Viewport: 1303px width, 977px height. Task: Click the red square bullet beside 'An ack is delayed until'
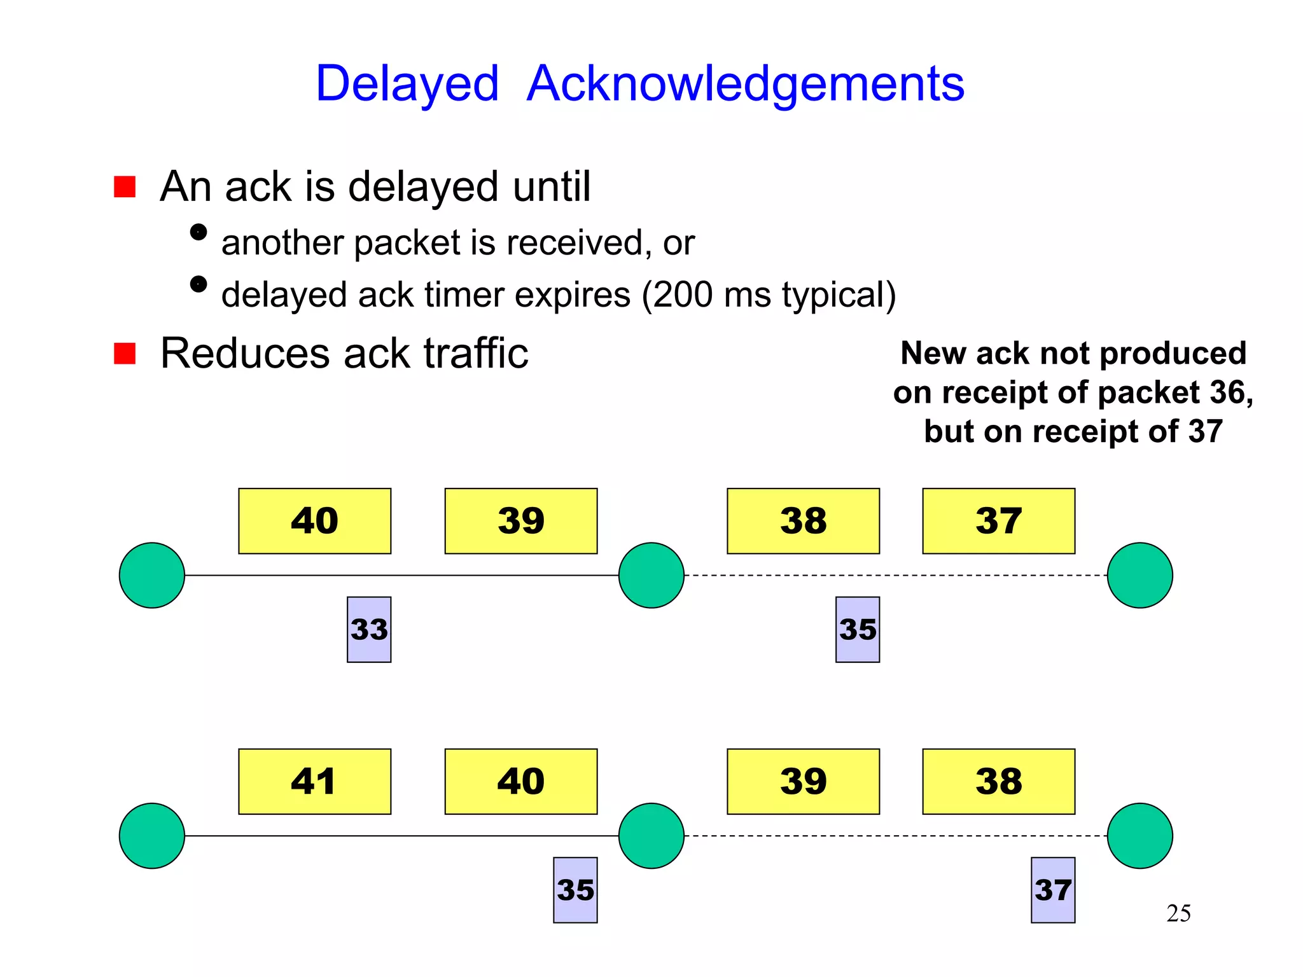click(125, 187)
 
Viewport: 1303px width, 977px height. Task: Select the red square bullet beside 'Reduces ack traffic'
click(125, 354)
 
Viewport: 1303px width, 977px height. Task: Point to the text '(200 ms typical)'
click(769, 295)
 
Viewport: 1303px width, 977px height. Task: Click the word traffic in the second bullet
click(476, 354)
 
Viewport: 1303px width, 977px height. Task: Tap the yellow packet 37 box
click(998, 521)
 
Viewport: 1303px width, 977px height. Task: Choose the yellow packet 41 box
click(314, 781)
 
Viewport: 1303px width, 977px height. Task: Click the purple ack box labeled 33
click(369, 630)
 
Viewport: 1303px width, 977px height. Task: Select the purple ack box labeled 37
click(1053, 890)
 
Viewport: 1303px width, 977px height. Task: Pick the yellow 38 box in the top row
click(803, 521)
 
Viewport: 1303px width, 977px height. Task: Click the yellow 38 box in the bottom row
click(998, 781)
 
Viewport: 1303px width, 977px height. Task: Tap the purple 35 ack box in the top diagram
click(858, 630)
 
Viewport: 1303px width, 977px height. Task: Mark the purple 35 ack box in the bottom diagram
click(575, 890)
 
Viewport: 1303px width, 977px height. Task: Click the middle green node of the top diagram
click(651, 575)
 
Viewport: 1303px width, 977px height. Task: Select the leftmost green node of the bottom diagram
click(152, 836)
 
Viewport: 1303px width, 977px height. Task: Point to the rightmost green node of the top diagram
click(1139, 575)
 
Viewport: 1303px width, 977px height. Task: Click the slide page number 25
click(1178, 913)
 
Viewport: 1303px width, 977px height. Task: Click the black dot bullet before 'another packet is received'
click(199, 232)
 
